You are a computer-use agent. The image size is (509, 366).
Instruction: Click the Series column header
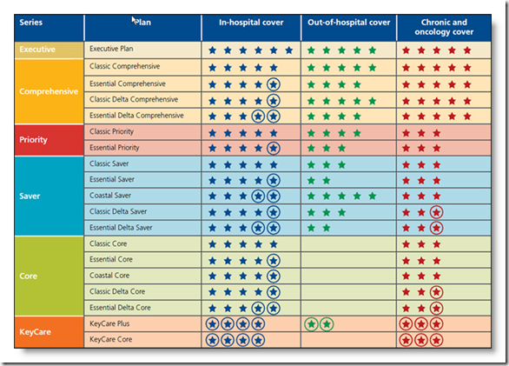tap(31, 23)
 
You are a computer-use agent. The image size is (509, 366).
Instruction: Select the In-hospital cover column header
tap(251, 23)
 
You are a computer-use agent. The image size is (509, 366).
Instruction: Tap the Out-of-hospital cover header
tap(348, 23)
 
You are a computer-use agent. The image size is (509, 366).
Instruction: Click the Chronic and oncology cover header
tap(444, 27)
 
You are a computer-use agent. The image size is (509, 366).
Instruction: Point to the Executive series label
tap(37, 50)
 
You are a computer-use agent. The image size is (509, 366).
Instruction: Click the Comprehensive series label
tap(49, 91)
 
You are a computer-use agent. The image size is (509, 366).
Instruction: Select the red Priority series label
tap(33, 140)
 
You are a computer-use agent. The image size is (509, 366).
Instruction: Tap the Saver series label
tap(30, 196)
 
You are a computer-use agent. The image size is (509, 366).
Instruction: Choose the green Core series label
tap(29, 276)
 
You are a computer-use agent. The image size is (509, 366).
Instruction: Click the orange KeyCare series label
tap(35, 332)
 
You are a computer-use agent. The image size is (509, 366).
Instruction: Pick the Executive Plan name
tap(111, 49)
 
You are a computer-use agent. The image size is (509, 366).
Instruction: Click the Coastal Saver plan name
tap(110, 196)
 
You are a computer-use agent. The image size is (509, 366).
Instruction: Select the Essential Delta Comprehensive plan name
tap(136, 116)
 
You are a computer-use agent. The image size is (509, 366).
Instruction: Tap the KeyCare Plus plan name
tap(109, 323)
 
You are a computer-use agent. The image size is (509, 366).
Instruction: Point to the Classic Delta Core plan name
tap(117, 291)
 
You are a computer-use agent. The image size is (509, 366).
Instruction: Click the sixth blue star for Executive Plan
tap(289, 50)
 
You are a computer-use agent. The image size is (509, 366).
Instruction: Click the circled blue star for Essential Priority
tap(274, 148)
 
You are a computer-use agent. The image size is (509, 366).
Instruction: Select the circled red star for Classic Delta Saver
tap(436, 213)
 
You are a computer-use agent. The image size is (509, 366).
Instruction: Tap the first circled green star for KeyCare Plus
tap(311, 324)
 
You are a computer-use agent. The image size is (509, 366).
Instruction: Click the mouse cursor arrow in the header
tap(134, 20)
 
